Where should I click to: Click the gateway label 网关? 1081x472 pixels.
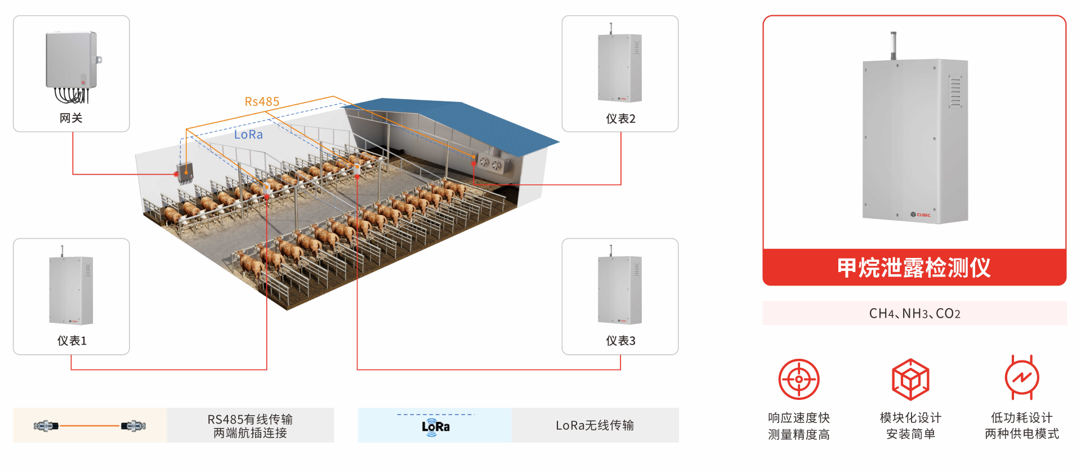[x=71, y=118]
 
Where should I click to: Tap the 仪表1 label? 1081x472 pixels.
[x=72, y=341]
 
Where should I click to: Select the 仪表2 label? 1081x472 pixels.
[x=620, y=118]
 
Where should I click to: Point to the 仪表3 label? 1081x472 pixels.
[x=620, y=341]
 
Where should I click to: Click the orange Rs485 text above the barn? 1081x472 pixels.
[x=262, y=101]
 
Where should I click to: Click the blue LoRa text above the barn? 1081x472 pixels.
[x=248, y=135]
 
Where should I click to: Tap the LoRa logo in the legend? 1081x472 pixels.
[x=435, y=427]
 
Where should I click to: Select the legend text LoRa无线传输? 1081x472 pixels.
[x=595, y=425]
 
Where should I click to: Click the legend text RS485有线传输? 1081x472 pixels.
[x=250, y=419]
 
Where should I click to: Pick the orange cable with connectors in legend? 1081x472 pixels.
[x=90, y=426]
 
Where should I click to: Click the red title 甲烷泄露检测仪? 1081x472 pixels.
[x=914, y=268]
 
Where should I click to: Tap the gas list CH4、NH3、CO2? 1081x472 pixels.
[x=914, y=314]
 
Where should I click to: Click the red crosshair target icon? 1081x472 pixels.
[x=798, y=379]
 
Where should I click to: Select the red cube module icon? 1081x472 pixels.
[x=910, y=379]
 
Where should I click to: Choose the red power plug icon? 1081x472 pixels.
[x=1022, y=377]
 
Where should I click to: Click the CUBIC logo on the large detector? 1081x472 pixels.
[x=921, y=215]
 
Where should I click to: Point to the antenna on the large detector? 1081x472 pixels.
[x=893, y=45]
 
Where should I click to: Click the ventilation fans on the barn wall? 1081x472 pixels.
[x=490, y=164]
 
